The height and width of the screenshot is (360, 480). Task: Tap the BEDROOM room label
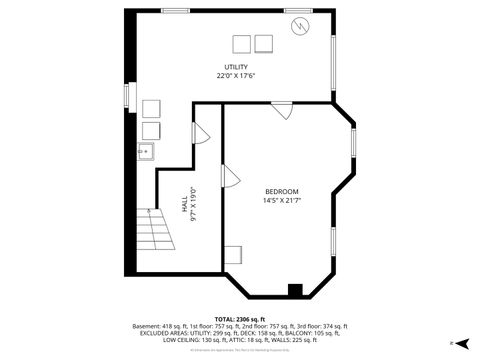tap(282, 191)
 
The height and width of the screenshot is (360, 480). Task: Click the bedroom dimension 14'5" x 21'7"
tap(282, 200)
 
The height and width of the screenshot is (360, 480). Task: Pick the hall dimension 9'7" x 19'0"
tap(193, 204)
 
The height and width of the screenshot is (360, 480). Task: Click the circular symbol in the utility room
tap(299, 27)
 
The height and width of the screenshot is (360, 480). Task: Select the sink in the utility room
tap(145, 152)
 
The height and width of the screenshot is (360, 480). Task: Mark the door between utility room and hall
tap(199, 132)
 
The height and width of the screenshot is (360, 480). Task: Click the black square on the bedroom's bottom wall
tap(295, 290)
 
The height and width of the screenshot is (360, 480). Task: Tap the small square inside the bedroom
tap(233, 254)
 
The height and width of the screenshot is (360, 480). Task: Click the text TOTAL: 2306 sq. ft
tap(239, 318)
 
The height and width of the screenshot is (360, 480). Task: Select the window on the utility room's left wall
tap(127, 95)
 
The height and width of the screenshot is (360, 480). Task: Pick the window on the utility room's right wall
tap(333, 51)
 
